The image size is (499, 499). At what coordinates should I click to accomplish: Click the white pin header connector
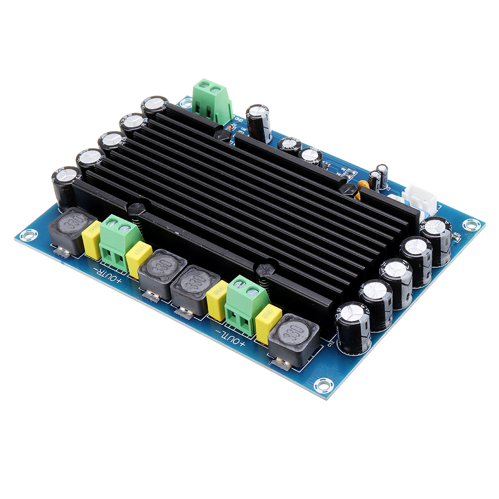pos(422,197)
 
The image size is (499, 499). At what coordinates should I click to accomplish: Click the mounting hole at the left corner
pos(28,234)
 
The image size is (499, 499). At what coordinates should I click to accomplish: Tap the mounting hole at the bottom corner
pos(323,385)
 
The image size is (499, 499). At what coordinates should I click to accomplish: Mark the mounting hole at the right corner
pos(471,224)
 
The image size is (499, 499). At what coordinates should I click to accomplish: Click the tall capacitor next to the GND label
pos(259,122)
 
